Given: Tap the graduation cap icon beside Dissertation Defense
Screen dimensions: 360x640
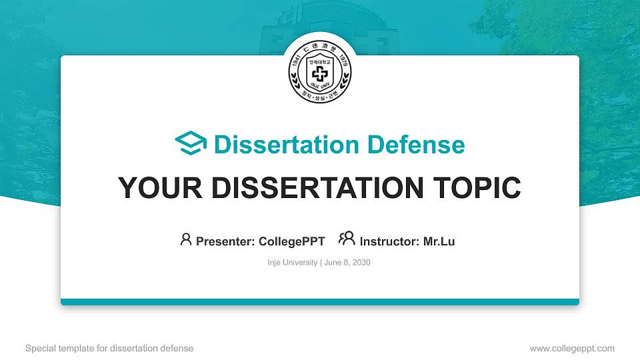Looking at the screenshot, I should [191, 144].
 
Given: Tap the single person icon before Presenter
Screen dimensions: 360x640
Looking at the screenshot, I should [186, 239].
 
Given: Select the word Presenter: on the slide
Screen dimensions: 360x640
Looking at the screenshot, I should [225, 241].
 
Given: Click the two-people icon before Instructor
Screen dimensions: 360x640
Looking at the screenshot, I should [347, 239].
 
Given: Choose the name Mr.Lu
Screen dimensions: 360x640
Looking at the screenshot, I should [439, 241].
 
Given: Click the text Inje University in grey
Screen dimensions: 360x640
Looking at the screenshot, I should [293, 263].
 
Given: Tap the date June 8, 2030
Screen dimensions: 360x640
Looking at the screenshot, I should [347, 263].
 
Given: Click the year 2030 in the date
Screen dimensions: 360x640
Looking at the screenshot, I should [361, 263].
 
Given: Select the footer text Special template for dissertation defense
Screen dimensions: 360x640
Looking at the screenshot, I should [109, 348].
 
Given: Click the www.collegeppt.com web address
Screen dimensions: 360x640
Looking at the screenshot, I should [572, 348].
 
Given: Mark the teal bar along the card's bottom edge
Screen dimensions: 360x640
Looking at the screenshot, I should [320, 302].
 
